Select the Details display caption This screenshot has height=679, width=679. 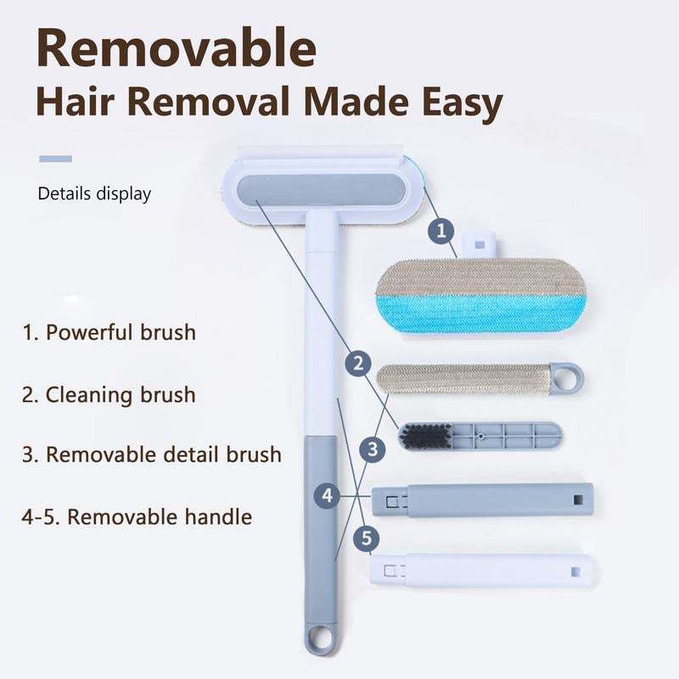(94, 194)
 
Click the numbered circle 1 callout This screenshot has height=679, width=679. (441, 228)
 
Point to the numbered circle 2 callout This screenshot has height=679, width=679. (360, 364)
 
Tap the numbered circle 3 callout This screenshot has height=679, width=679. (371, 449)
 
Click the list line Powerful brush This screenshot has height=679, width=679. (109, 332)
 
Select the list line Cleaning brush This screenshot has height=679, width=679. (109, 395)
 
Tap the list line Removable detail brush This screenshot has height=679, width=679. (152, 454)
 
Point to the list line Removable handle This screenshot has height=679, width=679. (137, 515)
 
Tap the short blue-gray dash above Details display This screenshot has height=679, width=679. (55, 158)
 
